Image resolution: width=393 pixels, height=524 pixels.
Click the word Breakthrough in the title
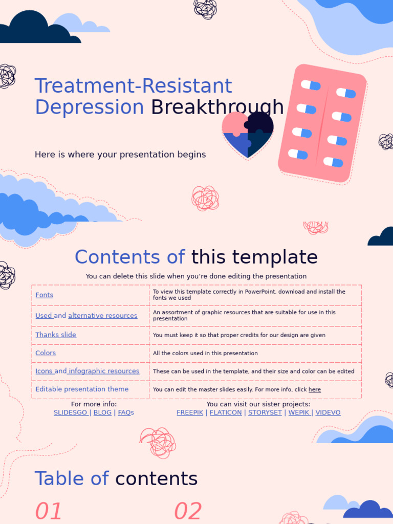217,107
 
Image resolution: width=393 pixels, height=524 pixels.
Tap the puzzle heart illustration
247,135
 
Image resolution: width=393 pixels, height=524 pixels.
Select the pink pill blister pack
322,123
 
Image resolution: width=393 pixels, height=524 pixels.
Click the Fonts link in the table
44,295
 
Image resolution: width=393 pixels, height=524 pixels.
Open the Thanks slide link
55,335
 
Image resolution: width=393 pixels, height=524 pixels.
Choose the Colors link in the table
46,353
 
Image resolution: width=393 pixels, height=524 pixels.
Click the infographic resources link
104,371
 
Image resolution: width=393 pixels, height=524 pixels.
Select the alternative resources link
102,316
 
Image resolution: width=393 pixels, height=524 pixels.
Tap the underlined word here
315,389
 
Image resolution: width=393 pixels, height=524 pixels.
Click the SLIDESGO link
71,412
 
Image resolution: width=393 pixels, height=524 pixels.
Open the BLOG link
102,412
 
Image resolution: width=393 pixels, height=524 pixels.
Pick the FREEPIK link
190,412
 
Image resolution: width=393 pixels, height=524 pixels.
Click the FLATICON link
226,412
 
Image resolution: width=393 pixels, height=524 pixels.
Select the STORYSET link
265,412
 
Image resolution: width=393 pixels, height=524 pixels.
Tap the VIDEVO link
328,412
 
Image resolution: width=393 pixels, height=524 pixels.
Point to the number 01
49,511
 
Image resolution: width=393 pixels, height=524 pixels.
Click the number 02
188,511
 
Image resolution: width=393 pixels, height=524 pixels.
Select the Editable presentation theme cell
82,389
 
